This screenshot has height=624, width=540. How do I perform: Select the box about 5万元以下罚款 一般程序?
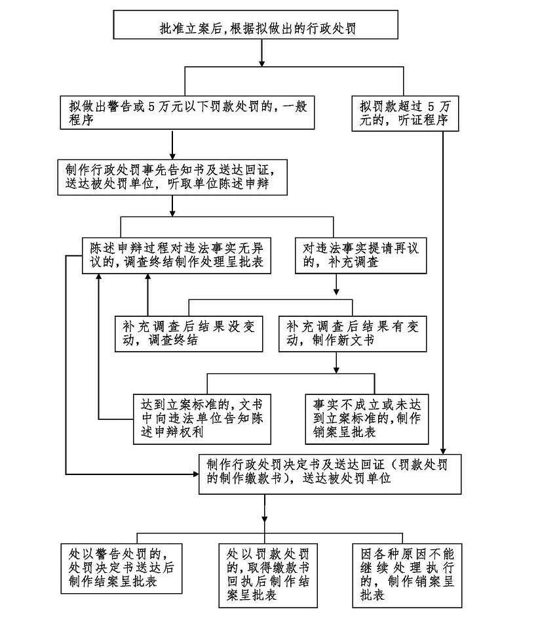[186, 112]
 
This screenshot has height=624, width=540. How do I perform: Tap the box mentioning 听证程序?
[404, 112]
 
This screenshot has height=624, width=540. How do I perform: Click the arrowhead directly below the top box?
[261, 62]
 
